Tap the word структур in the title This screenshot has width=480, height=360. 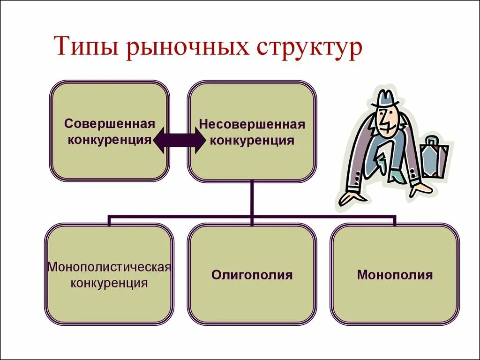pos(309,48)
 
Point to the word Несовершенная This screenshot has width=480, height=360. pos(252,125)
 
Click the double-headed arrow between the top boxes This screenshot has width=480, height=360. pos(179,140)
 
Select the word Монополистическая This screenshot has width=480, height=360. pos(109,268)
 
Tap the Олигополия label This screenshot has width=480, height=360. pos(252,275)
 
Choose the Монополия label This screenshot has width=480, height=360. pos(395,275)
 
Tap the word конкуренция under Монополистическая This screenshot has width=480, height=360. pos(109,283)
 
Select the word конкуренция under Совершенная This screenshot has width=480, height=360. pos(109,140)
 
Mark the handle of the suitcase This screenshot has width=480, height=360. pos(432,141)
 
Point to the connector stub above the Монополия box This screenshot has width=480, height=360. pos(395,220)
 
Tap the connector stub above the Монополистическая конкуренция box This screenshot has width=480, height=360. pos(109,220)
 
